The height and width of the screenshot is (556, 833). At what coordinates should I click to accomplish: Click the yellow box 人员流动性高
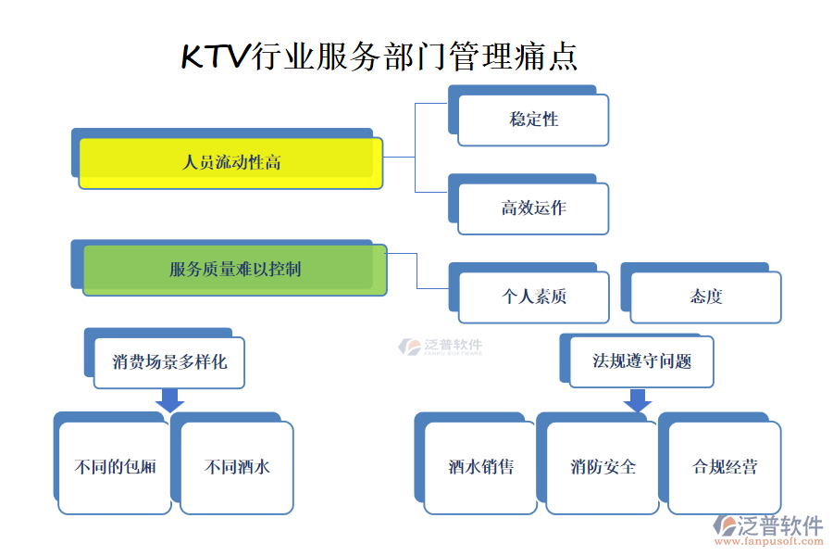coord(230,163)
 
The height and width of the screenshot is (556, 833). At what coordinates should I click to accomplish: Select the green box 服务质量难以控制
coord(234,270)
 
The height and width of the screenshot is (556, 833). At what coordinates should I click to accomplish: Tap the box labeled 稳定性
coord(533,120)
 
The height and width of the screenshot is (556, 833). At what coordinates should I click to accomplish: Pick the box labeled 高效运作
coord(533,208)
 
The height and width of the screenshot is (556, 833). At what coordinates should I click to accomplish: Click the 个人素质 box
coord(533,297)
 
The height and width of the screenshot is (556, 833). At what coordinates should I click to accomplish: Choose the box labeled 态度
coord(705,297)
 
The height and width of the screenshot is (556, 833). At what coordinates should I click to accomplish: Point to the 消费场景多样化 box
coord(169,361)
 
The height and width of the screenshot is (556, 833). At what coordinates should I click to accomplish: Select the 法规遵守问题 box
coord(641,361)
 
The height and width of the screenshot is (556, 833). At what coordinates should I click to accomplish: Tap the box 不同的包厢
coord(115,467)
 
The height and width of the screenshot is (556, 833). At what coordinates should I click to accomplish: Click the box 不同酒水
coord(237,467)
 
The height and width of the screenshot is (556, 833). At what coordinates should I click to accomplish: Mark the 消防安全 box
coord(603,467)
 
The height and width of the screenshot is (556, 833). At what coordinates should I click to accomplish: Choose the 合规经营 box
coord(725,467)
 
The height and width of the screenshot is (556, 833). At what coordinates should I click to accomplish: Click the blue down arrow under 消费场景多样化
coord(169,400)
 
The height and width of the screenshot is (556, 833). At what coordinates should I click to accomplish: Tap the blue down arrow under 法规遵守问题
coord(638,400)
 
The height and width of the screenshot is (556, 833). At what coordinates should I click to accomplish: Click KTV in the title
coord(215,57)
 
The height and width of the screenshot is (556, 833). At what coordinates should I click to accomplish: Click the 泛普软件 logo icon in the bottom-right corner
coord(725,526)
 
